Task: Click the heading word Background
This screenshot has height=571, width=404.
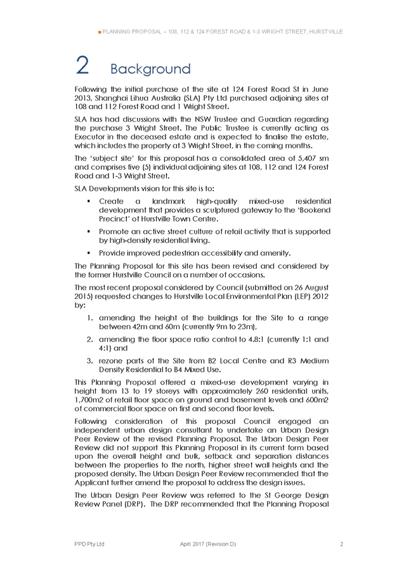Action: click(150, 68)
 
